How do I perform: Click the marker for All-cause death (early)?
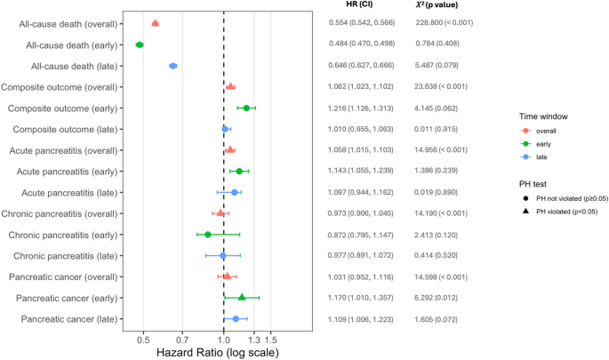(x=140, y=44)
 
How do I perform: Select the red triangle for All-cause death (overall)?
(x=155, y=23)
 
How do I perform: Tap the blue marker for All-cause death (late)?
(x=173, y=66)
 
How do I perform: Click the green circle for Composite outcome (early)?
(x=246, y=108)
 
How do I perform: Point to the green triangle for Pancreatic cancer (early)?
(x=242, y=297)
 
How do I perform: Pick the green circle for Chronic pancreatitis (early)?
(x=208, y=235)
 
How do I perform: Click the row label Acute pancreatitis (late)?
(x=69, y=193)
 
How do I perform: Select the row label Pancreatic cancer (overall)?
(x=63, y=277)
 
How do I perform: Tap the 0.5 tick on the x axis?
(x=143, y=332)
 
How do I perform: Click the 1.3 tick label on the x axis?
(x=254, y=340)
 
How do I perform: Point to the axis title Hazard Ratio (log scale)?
(x=218, y=353)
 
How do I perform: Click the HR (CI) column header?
(x=359, y=4)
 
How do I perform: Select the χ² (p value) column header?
(x=437, y=5)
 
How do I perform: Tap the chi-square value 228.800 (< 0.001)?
(x=444, y=22)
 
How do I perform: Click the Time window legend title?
(x=543, y=116)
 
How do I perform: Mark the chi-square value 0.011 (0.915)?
(x=437, y=129)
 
